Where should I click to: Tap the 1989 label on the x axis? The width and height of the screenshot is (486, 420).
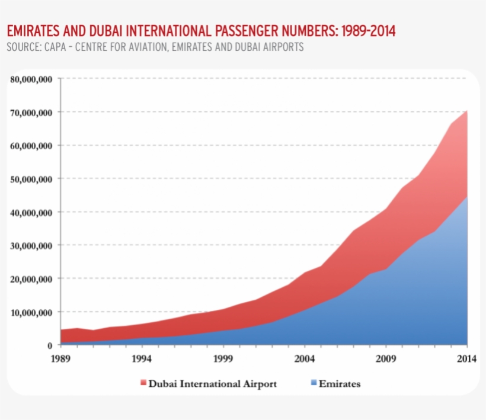pos(60,358)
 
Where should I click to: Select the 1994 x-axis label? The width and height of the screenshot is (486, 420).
pos(141,358)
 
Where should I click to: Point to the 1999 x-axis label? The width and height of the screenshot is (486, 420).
pos(223,358)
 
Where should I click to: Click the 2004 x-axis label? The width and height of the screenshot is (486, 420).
pos(304,358)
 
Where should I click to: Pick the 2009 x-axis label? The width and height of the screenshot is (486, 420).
pos(386,358)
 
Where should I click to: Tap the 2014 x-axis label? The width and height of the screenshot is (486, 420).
pos(466,358)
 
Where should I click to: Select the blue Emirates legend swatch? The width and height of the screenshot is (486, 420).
pos(313,384)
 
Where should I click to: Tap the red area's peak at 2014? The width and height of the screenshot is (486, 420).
pos(467,111)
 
